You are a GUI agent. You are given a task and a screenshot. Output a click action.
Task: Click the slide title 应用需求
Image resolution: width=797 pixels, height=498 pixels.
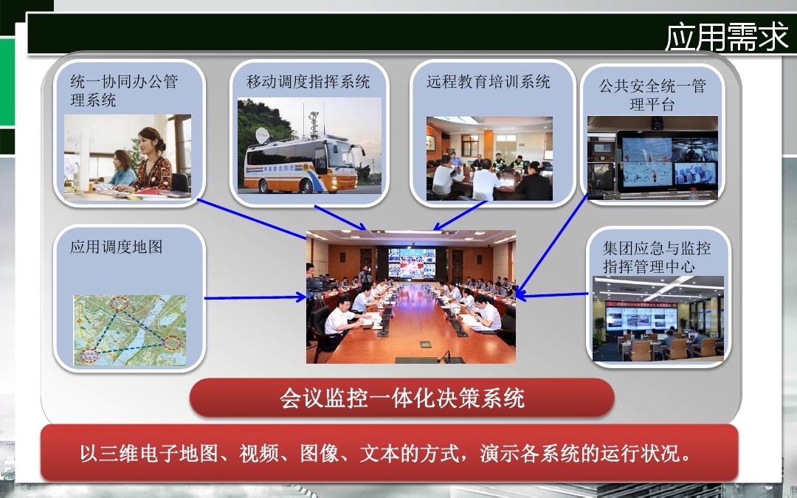point(727,37)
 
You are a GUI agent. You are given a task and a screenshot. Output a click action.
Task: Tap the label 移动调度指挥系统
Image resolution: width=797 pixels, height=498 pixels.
point(308,82)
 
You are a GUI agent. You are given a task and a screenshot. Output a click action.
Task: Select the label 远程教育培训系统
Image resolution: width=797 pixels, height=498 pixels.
point(488,82)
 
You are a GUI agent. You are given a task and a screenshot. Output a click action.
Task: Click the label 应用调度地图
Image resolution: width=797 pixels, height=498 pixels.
point(117,247)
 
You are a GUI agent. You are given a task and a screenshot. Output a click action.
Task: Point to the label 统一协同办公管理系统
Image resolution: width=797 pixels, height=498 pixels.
point(124,91)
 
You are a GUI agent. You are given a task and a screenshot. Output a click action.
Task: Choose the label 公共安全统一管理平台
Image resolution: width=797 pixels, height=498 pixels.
point(652,95)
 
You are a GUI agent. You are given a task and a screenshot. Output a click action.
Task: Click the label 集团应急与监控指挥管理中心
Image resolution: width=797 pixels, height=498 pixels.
point(656,257)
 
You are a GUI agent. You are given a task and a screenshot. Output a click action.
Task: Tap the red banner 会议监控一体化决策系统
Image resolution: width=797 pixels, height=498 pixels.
point(401,398)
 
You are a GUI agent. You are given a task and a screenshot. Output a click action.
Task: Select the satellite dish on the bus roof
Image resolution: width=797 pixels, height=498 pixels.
point(262,136)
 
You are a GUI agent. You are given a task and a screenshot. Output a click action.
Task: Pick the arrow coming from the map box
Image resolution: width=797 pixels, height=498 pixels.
point(255,298)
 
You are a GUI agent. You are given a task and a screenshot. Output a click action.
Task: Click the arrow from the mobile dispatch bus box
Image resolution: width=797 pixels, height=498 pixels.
point(340,218)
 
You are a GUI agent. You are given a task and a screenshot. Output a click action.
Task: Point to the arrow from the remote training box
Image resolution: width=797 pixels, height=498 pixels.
point(460,215)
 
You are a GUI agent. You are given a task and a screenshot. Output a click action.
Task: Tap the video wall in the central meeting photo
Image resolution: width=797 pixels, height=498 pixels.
point(412,263)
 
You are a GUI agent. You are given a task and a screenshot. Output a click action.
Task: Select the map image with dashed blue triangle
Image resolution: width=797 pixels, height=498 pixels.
point(130,331)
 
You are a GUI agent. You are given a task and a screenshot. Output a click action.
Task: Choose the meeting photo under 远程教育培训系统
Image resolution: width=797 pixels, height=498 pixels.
point(489,159)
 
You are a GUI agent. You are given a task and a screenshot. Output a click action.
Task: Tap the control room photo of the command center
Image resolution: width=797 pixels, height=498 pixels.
point(658,319)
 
